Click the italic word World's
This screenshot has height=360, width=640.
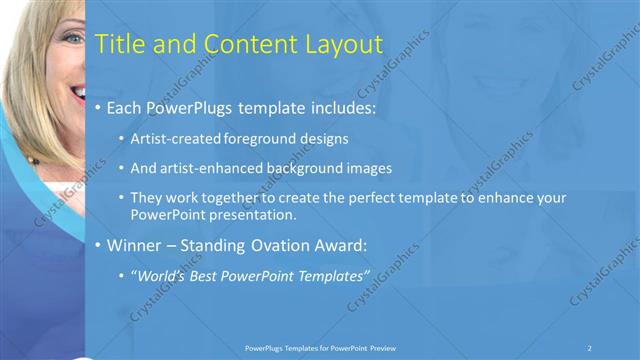pos(164,274)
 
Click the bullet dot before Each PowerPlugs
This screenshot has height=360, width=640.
pos(96,107)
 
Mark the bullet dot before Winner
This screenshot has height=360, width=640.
pos(96,245)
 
